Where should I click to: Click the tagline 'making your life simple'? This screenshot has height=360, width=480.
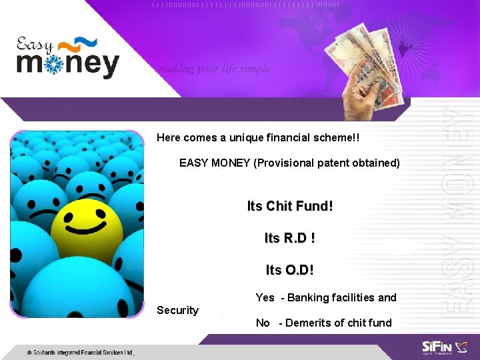pos(214,69)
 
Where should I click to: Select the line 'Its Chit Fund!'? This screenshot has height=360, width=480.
pos(290,207)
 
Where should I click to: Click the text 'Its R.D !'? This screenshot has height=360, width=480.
pos(290,238)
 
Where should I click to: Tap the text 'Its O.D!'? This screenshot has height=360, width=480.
pos(290,270)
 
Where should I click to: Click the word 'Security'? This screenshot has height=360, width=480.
pos(177,310)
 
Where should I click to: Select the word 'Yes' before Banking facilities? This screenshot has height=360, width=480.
pos(265,297)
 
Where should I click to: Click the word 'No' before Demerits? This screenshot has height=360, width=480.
pos(263,323)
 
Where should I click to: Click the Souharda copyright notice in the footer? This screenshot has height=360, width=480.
pos(80,351)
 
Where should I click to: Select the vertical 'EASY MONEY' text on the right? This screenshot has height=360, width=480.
pos(461,207)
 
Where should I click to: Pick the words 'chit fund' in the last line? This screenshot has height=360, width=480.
pos(369,323)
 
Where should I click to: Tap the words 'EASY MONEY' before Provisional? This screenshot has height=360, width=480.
pos(215,163)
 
